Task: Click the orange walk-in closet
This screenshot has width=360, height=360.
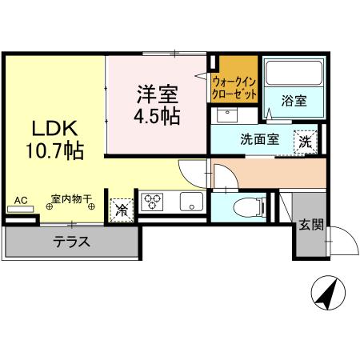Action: (234, 80)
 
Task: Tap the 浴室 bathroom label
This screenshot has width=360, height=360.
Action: (294, 101)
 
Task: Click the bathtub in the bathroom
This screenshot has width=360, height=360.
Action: (294, 74)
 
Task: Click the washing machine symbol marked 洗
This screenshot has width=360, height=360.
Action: (305, 142)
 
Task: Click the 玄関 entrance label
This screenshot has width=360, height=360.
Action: (312, 226)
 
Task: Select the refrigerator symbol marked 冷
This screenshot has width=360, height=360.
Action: (122, 210)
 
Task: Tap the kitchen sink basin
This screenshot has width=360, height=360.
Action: (192, 201)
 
